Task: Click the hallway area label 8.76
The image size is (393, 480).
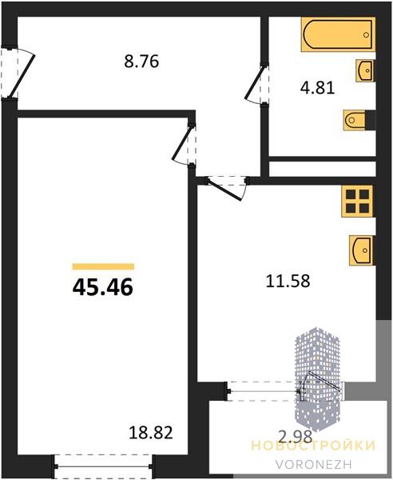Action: (x=141, y=62)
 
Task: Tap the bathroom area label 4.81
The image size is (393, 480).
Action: (x=318, y=88)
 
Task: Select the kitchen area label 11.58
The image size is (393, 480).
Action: (x=288, y=281)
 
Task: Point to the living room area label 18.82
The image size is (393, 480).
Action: (x=151, y=433)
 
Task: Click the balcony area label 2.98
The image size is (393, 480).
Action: (x=295, y=436)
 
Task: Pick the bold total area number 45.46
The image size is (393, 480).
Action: (x=103, y=287)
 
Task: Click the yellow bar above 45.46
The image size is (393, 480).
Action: (x=103, y=266)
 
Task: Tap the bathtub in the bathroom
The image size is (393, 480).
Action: (x=338, y=34)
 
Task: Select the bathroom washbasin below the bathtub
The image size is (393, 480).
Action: (x=366, y=70)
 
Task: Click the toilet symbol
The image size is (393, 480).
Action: (x=355, y=120)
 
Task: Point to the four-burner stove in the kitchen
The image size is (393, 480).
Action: (x=358, y=202)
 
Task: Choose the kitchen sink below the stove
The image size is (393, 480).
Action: (x=362, y=250)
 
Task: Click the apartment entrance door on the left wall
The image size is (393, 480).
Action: (x=18, y=73)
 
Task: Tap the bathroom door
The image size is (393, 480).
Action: (x=256, y=85)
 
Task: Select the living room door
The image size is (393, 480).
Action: (x=184, y=145)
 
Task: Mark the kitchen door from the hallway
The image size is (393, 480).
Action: (x=228, y=187)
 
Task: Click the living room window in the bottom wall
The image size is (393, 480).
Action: (x=104, y=466)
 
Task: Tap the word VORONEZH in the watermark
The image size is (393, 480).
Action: (x=314, y=464)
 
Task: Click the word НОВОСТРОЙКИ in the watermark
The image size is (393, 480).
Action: (x=313, y=446)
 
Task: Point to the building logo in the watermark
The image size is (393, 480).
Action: (x=317, y=379)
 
